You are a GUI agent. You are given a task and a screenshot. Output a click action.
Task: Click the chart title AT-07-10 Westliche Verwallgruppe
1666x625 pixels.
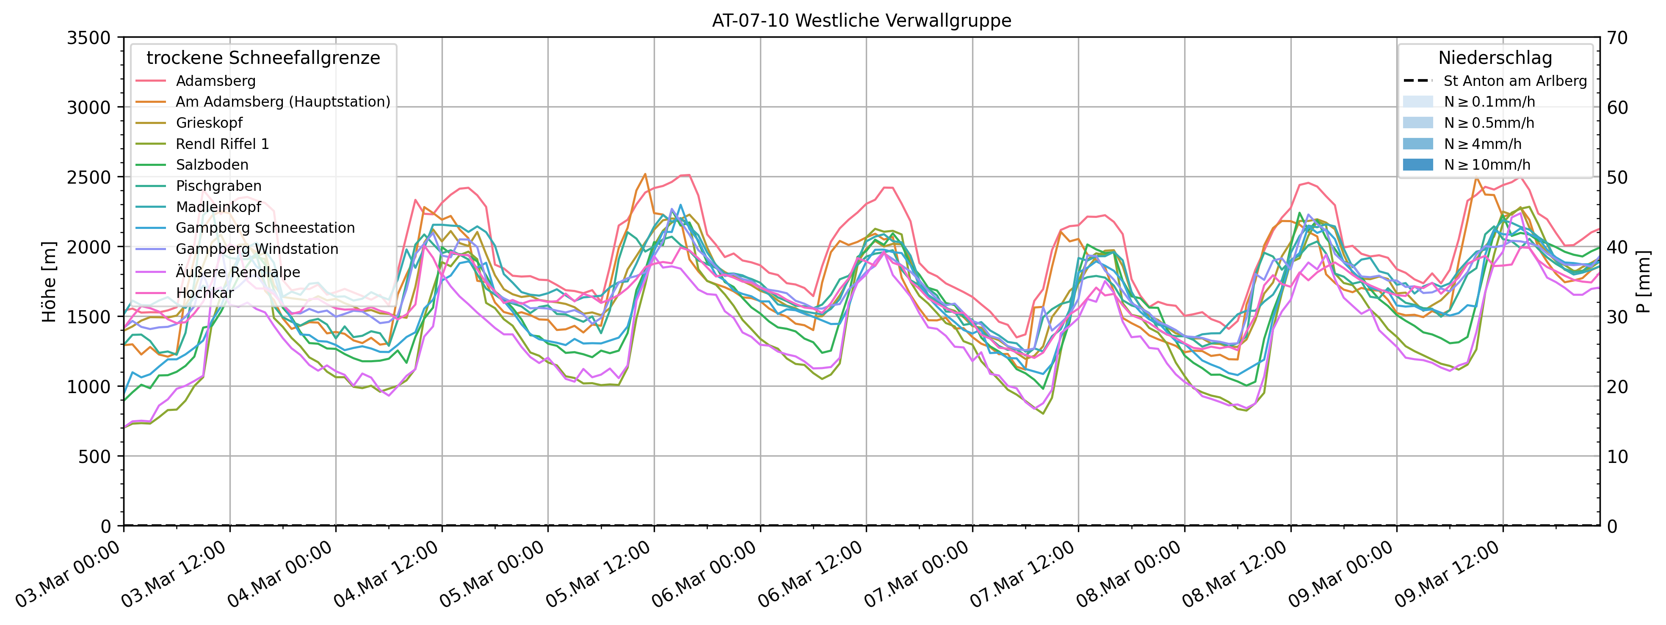tap(862, 21)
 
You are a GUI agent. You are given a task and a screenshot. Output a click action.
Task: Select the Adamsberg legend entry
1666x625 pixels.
tap(216, 81)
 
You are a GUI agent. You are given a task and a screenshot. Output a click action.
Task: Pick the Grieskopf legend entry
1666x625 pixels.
tap(209, 123)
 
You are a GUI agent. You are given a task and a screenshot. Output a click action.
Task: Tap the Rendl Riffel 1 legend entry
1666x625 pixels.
tap(222, 144)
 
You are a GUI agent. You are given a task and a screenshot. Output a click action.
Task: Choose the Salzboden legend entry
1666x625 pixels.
tap(212, 165)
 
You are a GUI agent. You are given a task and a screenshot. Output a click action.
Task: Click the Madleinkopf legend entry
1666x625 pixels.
tap(218, 207)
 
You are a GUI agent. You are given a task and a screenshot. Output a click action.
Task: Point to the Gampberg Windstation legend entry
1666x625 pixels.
tap(257, 249)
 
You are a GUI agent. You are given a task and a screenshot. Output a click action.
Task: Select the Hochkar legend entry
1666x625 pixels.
tap(204, 293)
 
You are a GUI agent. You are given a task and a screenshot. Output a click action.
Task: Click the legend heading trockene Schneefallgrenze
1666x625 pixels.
tap(263, 58)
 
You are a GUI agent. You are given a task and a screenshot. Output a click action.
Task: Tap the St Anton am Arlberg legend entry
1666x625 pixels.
tap(1515, 81)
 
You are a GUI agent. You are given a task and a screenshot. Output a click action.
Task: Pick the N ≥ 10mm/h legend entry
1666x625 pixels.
tap(1487, 165)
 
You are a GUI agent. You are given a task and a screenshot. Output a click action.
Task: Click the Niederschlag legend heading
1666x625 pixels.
tap(1495, 58)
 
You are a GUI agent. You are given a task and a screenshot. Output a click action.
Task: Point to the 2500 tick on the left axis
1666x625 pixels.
tap(88, 177)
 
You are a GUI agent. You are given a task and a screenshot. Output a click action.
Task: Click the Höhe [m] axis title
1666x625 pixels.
tap(49, 282)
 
